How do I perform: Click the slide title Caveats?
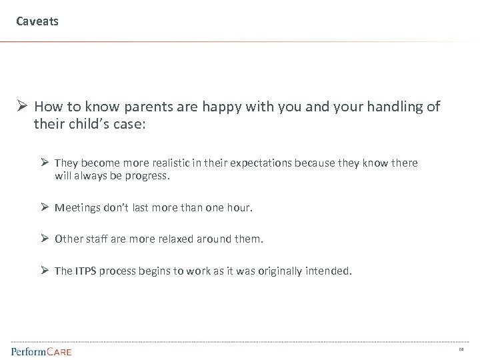point(37,21)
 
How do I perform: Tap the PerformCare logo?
point(41,351)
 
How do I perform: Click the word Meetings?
point(77,207)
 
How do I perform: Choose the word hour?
point(239,207)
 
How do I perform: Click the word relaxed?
point(169,238)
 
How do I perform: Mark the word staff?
point(97,238)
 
